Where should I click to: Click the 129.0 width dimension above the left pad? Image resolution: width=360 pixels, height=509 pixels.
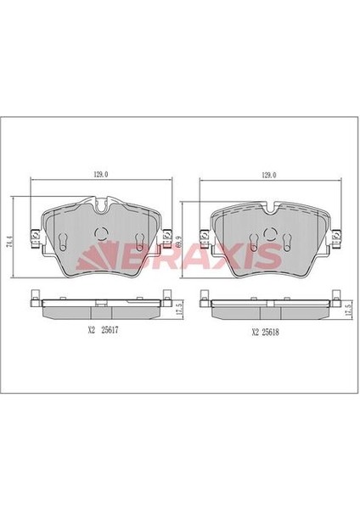coord(100,175)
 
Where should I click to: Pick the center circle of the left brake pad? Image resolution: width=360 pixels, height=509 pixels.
coord(100,237)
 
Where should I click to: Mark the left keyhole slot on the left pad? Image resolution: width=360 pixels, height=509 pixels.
coord(65,239)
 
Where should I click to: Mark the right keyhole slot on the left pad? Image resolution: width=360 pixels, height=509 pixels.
coord(137,239)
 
